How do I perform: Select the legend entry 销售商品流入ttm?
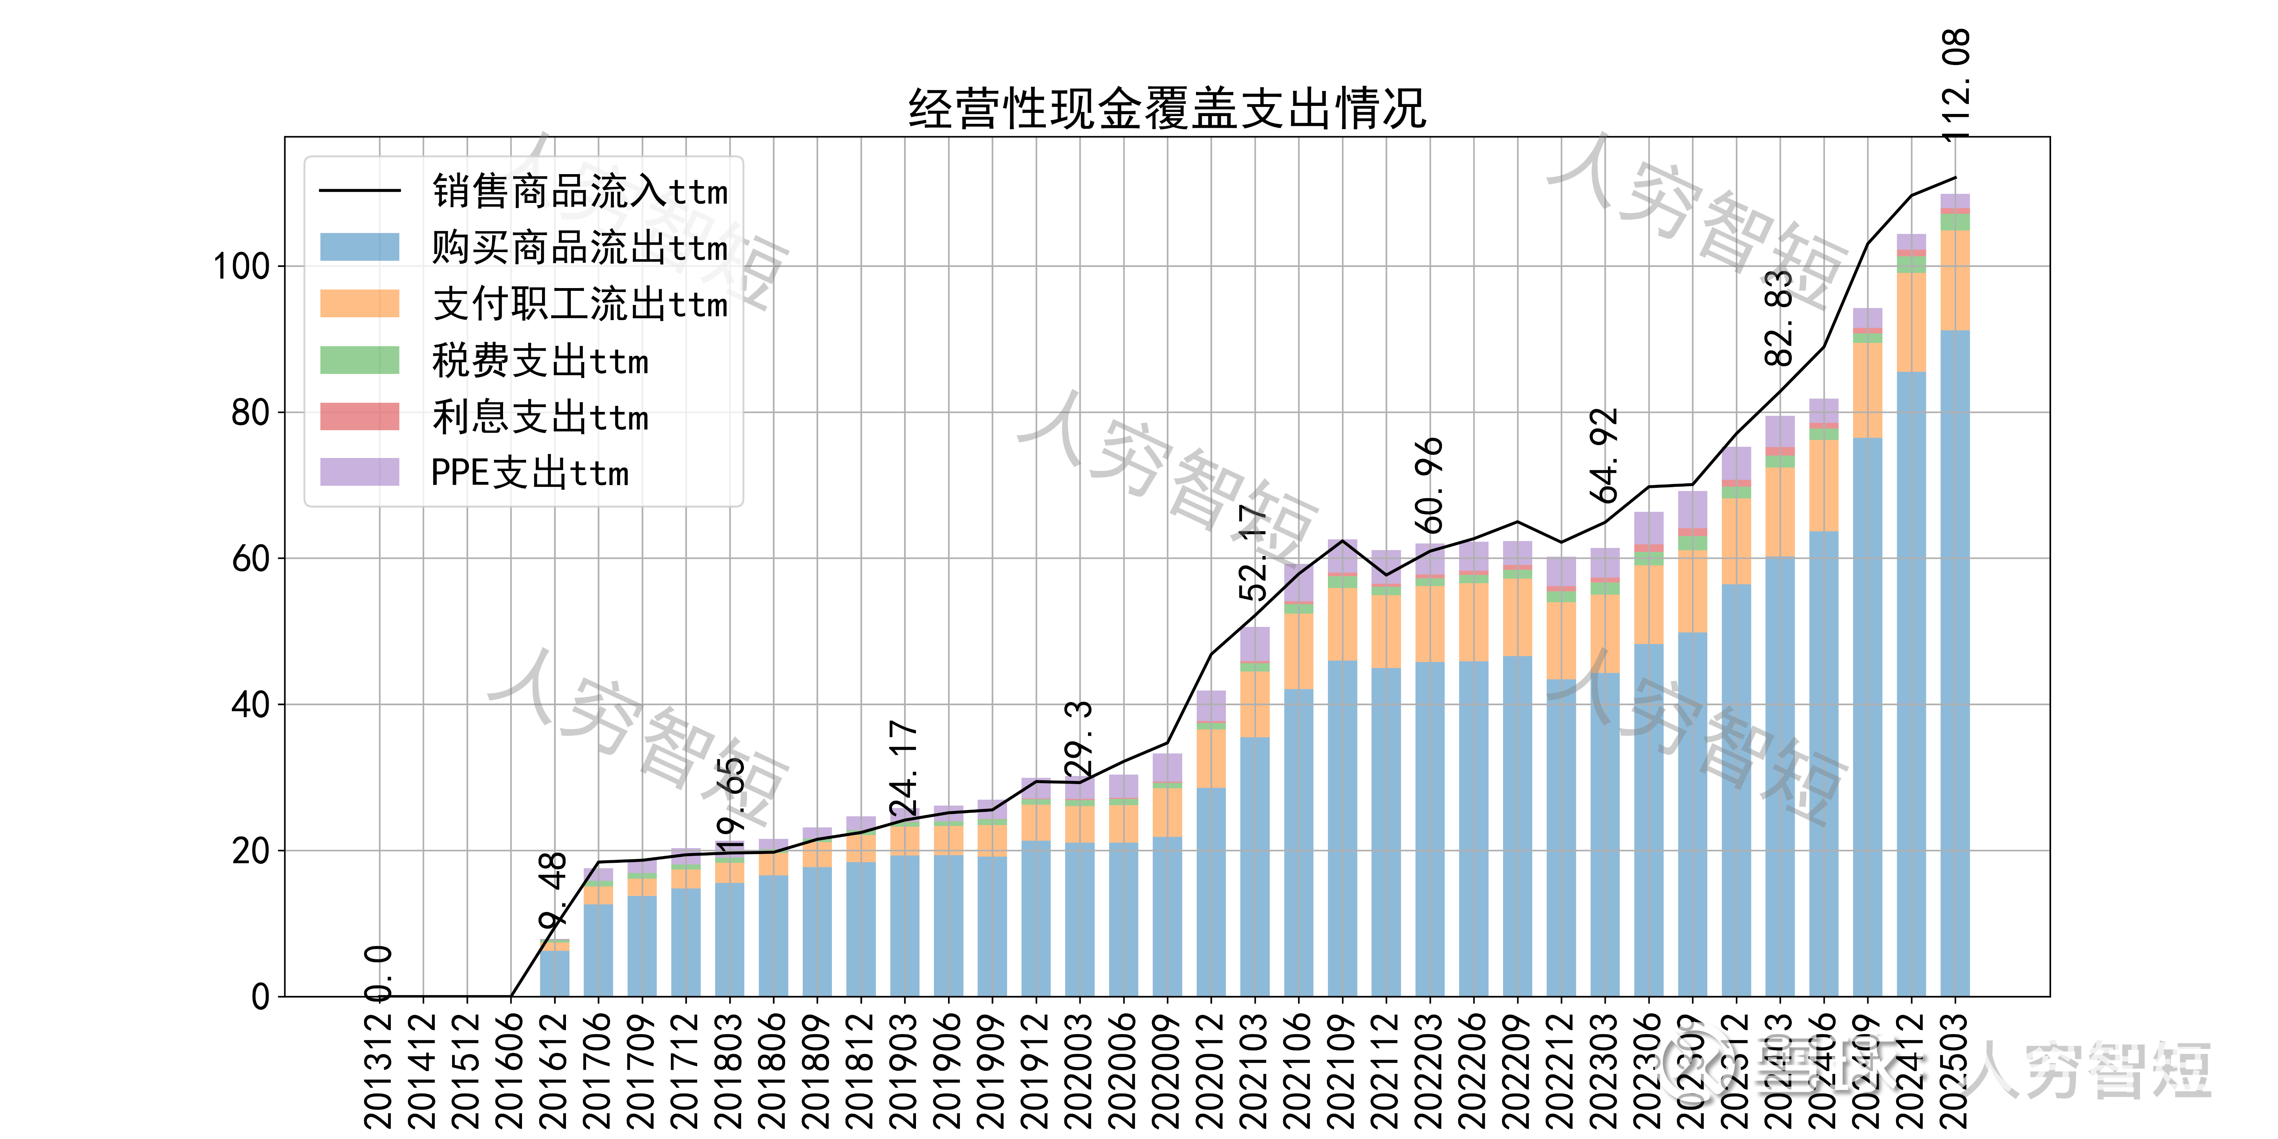coord(579,191)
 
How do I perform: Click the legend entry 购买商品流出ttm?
coord(579,248)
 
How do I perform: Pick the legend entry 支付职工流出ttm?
coord(579,304)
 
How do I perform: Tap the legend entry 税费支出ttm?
coord(540,361)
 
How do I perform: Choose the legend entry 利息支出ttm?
coord(540,416)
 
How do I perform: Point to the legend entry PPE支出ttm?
coord(529,473)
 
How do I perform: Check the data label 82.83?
coord(1779,318)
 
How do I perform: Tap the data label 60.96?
coord(1429,485)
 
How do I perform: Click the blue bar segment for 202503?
coord(1955,663)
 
